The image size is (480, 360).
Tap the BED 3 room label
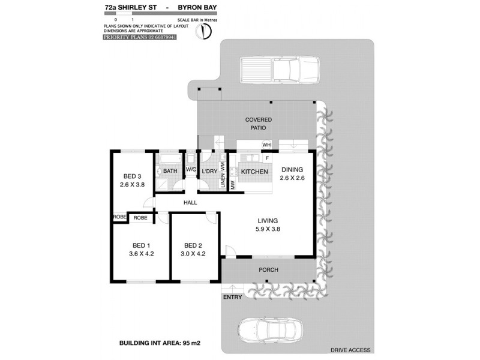click(133, 176)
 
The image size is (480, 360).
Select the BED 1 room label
click(142, 245)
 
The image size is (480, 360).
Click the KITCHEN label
click(254, 172)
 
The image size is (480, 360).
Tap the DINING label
click(293, 170)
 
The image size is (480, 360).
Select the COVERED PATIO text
click(255, 124)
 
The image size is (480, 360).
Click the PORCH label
click(268, 270)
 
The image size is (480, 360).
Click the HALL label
click(191, 203)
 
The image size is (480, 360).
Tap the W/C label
click(191, 170)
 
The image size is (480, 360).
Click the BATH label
click(170, 172)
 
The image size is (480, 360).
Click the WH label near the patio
click(266, 145)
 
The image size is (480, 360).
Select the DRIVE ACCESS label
click(350, 350)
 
